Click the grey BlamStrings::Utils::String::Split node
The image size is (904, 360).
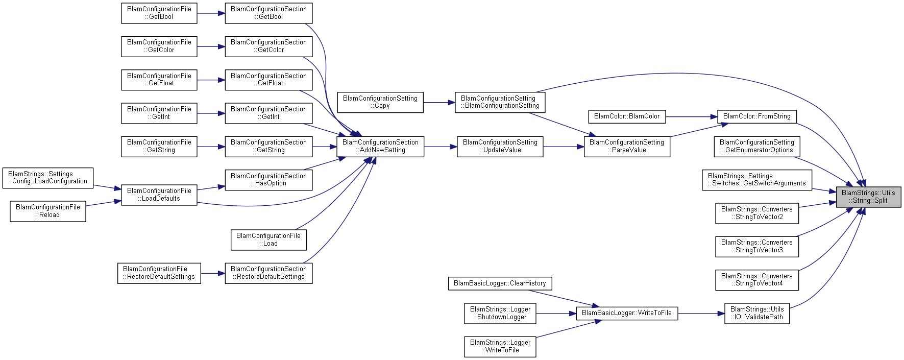868,197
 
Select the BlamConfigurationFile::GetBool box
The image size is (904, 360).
159,13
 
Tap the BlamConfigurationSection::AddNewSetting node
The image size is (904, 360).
380,147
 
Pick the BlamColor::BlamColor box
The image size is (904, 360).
626,117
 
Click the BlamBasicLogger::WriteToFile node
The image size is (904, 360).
626,313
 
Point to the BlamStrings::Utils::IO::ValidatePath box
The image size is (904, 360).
756,314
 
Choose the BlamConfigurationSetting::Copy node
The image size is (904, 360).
380,102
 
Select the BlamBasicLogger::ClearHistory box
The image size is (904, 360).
499,283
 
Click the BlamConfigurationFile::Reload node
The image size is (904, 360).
47,211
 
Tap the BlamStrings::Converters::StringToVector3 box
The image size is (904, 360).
756,247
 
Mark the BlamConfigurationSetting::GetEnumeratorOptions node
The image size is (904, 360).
756,147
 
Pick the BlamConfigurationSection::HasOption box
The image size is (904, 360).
268,180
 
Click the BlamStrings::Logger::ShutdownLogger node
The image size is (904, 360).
500,314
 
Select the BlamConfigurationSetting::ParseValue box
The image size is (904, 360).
626,147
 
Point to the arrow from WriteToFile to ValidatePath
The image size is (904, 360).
701,314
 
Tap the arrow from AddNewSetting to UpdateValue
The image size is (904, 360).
440,147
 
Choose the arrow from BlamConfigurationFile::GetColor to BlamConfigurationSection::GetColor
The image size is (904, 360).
211,46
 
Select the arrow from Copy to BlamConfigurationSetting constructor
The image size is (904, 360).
439,103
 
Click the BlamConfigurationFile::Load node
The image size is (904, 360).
268,240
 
